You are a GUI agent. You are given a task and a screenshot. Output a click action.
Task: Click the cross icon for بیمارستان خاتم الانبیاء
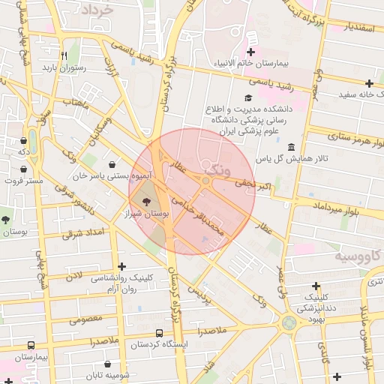click(250, 52)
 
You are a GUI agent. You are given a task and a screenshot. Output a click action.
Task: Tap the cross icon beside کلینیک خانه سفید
click(369, 83)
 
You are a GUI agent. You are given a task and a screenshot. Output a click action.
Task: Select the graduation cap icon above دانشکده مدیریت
click(249, 97)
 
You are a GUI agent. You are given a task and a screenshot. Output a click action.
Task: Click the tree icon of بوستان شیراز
click(145, 202)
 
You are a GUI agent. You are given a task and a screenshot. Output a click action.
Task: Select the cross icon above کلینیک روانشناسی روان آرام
click(122, 266)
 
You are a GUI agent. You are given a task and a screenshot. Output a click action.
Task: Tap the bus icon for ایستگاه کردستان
click(159, 333)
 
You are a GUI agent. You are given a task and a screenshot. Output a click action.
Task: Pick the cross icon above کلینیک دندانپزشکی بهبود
click(317, 286)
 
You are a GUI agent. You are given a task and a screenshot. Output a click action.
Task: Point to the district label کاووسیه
click(357, 257)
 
